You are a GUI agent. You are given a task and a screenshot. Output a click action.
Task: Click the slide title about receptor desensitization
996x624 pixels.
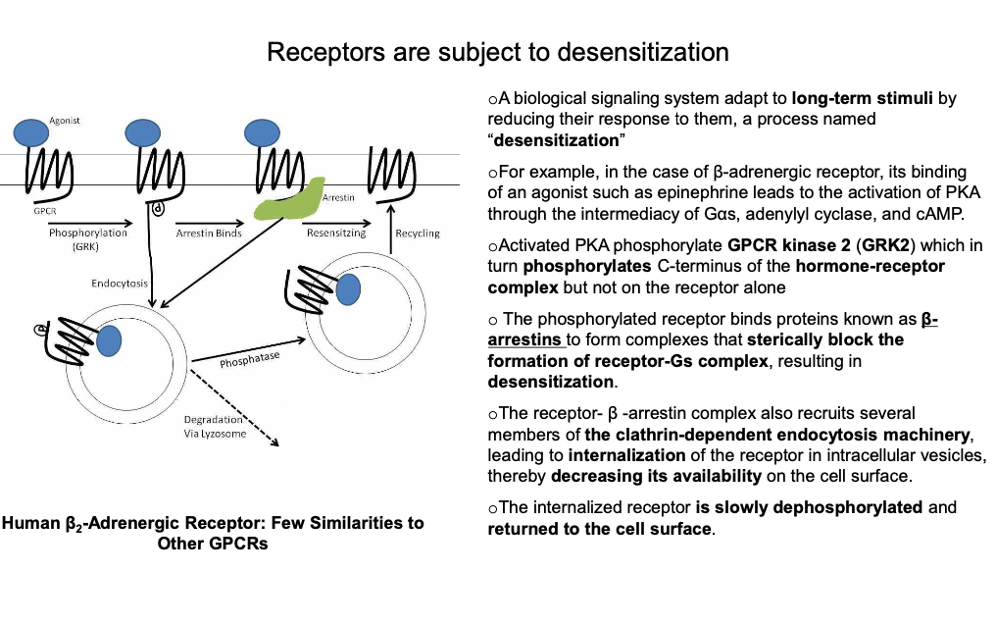tap(497, 51)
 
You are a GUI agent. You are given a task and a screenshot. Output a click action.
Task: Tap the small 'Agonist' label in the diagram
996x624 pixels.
tap(65, 120)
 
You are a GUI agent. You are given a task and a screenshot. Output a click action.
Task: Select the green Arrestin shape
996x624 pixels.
tap(292, 198)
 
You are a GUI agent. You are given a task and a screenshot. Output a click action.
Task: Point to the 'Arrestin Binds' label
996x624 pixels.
tap(208, 234)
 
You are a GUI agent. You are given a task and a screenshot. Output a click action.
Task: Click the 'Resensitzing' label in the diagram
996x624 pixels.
tap(336, 234)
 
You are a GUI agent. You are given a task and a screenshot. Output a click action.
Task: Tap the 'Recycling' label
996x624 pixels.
tap(417, 234)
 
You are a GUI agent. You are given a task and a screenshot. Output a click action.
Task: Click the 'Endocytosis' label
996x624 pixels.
tap(120, 284)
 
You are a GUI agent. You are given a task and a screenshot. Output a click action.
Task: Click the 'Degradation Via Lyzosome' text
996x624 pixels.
tap(215, 427)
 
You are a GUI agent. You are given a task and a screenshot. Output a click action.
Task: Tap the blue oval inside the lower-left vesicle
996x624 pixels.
tap(109, 339)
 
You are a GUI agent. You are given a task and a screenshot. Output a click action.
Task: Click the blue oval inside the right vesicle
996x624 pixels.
tap(347, 287)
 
